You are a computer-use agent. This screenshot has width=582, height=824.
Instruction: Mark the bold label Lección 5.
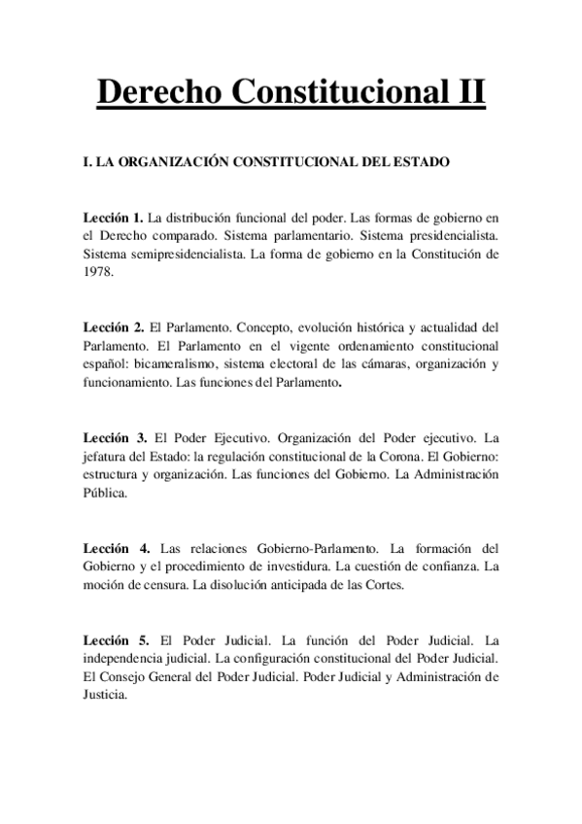117,640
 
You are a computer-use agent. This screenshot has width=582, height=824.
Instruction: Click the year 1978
99,273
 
